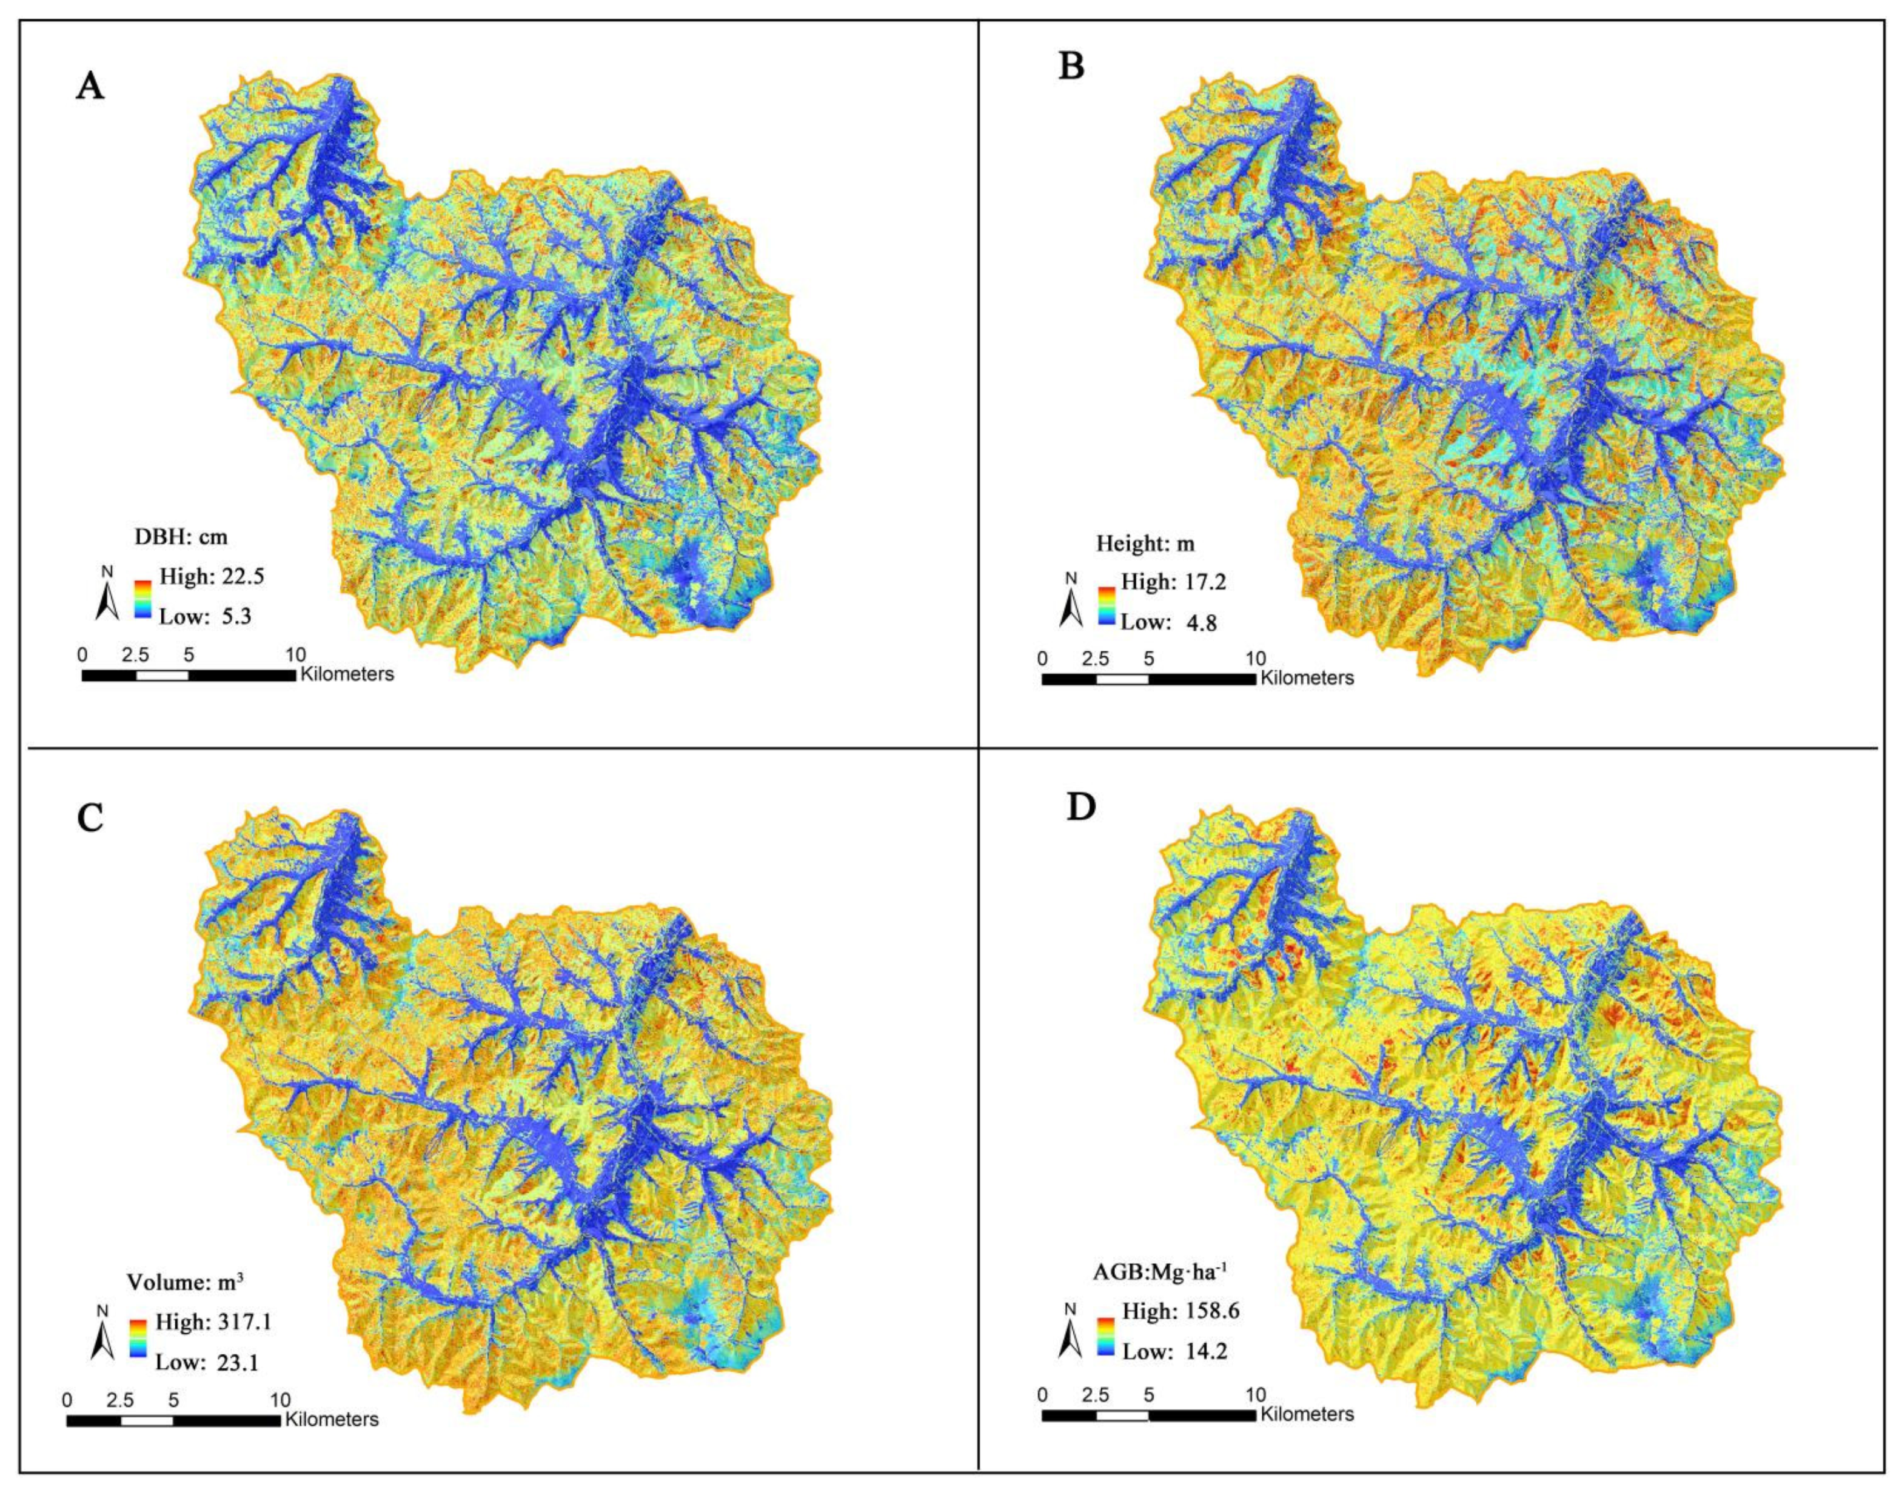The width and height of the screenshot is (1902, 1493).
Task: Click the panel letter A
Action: click(x=90, y=87)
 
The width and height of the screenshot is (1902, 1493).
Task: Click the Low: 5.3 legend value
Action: click(x=206, y=616)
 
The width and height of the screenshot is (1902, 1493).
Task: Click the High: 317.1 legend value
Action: click(x=212, y=1322)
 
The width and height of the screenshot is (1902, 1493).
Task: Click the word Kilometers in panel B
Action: click(x=1307, y=677)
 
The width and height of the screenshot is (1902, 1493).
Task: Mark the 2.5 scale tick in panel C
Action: click(x=120, y=1398)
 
